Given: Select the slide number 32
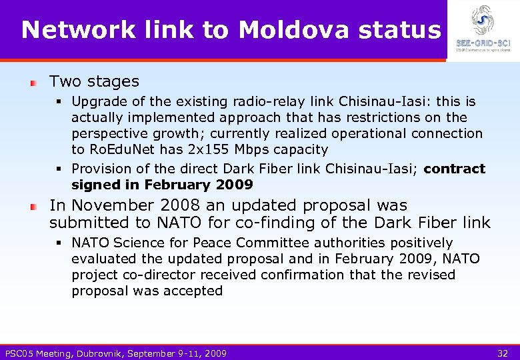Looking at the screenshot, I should [x=503, y=353].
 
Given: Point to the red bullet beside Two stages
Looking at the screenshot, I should [x=33, y=83].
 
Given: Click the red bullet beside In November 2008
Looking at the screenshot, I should [x=33, y=207].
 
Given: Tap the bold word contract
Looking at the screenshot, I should [x=454, y=169].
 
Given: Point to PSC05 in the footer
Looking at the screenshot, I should [x=20, y=353].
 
